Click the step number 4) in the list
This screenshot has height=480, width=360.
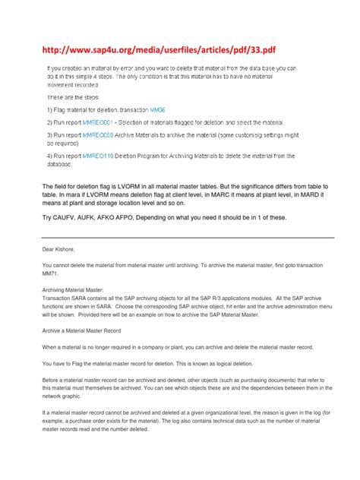coord(51,156)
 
